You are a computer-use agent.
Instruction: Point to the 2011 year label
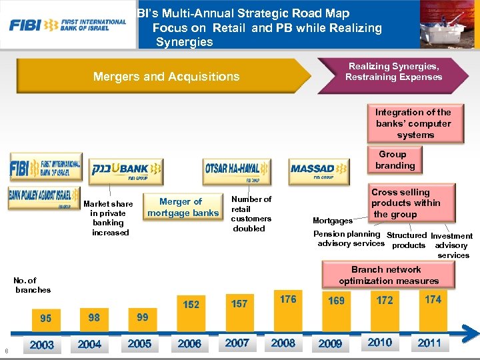tap(429, 343)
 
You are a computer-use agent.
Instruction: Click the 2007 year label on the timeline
tap(237, 343)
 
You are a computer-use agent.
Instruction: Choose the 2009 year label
tap(330, 344)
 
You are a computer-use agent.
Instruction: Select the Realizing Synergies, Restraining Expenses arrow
tap(393, 71)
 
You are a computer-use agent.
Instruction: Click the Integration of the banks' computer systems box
tap(413, 123)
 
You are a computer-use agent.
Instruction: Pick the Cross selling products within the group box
tap(405, 203)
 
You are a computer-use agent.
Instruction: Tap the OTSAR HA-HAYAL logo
tap(237, 171)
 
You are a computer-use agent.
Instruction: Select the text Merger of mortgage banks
tap(183, 207)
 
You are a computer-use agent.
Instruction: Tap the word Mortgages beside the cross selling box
tap(333, 221)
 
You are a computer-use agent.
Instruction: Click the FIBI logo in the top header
tap(67, 25)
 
